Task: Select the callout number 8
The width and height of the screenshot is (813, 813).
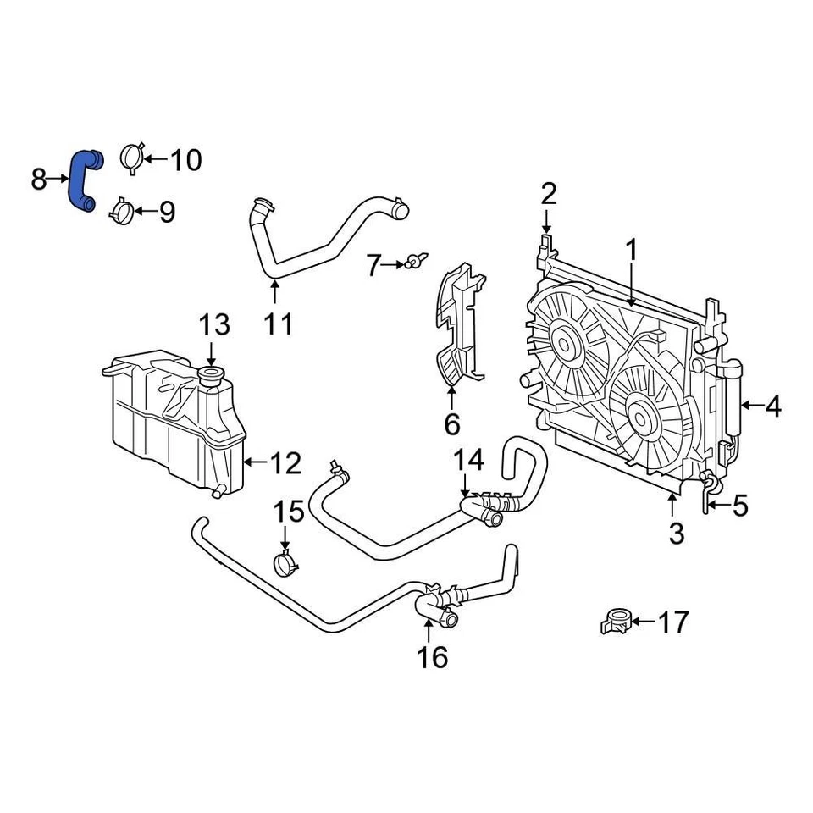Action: click(x=39, y=179)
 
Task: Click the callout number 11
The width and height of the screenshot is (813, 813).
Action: click(x=277, y=324)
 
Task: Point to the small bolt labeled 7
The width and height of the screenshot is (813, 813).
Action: click(x=416, y=263)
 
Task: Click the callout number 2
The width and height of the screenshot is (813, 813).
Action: click(x=549, y=195)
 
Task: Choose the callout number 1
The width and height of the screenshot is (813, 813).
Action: click(x=631, y=251)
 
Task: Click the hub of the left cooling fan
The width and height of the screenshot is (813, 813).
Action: click(x=563, y=342)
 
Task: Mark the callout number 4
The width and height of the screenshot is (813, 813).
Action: click(x=772, y=407)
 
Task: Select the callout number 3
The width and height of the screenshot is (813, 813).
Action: click(x=675, y=534)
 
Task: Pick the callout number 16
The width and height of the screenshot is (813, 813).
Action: click(x=432, y=656)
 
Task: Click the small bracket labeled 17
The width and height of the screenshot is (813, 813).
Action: click(x=616, y=622)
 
